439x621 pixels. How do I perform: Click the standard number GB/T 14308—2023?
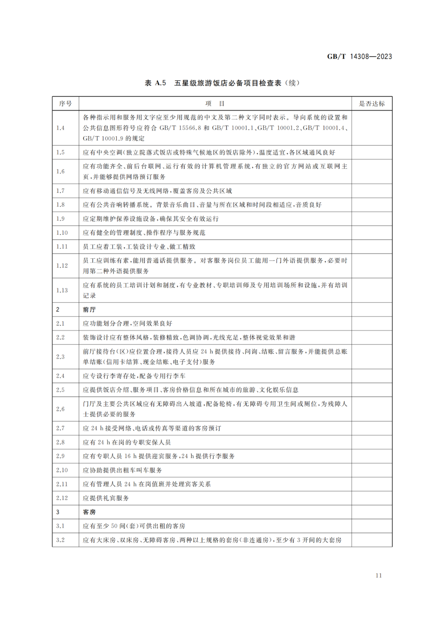click(x=359, y=57)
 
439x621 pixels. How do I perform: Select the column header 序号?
click(x=65, y=104)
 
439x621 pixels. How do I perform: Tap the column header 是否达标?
click(x=372, y=104)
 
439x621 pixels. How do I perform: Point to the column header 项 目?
click(x=215, y=104)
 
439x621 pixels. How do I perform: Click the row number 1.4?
click(x=61, y=128)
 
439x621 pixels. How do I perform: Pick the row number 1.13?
click(x=62, y=290)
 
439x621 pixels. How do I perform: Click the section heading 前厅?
click(x=89, y=310)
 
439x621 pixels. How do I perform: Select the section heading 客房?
click(x=89, y=512)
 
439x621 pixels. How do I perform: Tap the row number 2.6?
click(x=61, y=409)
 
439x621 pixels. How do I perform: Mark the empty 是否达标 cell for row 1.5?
click(x=372, y=153)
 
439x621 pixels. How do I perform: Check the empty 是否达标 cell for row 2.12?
click(x=372, y=498)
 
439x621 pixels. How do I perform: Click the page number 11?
click(x=378, y=575)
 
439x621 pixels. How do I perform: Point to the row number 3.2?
click(x=61, y=540)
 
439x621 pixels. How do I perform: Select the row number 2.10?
click(x=62, y=470)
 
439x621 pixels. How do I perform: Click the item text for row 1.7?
click(x=157, y=191)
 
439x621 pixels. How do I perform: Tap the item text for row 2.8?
click(x=127, y=442)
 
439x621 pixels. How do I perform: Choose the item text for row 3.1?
click(x=134, y=526)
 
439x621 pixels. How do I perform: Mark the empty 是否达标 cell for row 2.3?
click(x=372, y=357)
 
